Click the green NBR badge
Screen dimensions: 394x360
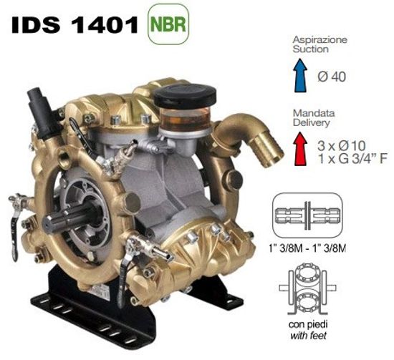pyautogui.click(x=168, y=24)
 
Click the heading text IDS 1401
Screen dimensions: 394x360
pyautogui.click(x=75, y=25)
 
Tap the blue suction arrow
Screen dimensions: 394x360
pyautogui.click(x=301, y=75)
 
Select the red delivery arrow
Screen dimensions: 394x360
pyautogui.click(x=301, y=149)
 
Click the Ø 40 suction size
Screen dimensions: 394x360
pyautogui.click(x=332, y=77)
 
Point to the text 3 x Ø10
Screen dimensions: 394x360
pyautogui.click(x=341, y=145)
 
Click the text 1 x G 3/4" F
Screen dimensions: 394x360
pyautogui.click(x=352, y=159)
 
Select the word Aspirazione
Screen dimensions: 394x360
pyautogui.click(x=319, y=39)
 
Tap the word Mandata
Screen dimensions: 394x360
pyautogui.click(x=314, y=113)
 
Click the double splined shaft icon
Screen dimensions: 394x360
pyautogui.click(x=307, y=215)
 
